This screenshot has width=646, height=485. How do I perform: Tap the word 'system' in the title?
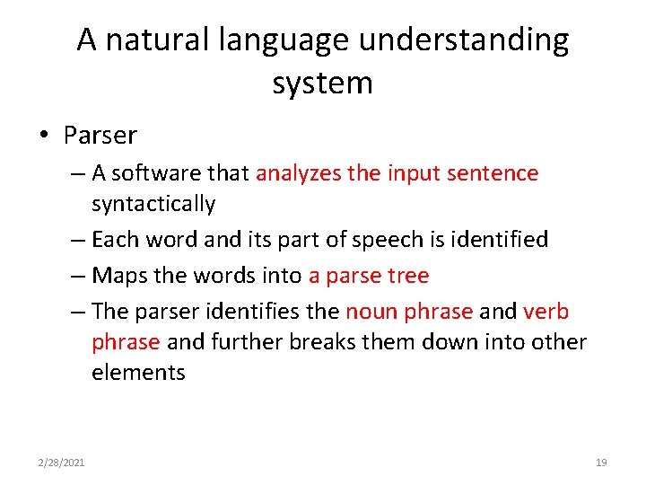[322, 83]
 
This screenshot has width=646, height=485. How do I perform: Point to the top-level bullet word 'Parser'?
[100, 136]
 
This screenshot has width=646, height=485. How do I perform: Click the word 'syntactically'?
[153, 204]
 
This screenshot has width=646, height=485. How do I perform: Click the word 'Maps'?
[117, 275]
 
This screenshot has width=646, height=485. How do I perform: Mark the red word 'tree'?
[409, 275]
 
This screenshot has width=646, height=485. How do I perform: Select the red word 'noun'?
[371, 312]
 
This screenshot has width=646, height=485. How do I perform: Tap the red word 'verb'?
[546, 312]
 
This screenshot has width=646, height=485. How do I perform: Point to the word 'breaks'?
[313, 342]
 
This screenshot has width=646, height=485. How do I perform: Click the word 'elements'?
[138, 373]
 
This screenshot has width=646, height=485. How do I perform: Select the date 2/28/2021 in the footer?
[62, 463]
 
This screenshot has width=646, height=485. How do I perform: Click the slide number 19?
[601, 463]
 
